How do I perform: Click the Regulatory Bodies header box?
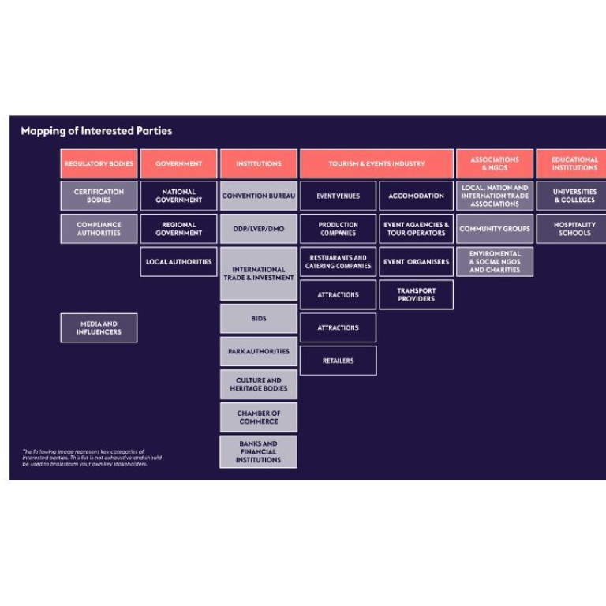99,164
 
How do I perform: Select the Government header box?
178,164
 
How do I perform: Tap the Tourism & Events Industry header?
376,164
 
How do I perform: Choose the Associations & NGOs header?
495,164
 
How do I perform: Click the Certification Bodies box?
99,196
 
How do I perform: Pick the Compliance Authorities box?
99,229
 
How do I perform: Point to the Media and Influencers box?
99,327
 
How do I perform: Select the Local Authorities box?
178,262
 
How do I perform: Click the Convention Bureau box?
259,196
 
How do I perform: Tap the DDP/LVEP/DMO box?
259,229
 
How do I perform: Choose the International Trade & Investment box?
259,274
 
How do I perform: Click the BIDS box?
259,319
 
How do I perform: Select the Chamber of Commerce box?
259,417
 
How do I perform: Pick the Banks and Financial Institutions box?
259,452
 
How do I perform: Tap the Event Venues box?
338,196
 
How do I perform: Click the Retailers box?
338,361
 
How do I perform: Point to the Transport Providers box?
416,295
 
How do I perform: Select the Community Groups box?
495,229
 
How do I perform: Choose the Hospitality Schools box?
574,229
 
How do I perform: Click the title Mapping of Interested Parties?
96,131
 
